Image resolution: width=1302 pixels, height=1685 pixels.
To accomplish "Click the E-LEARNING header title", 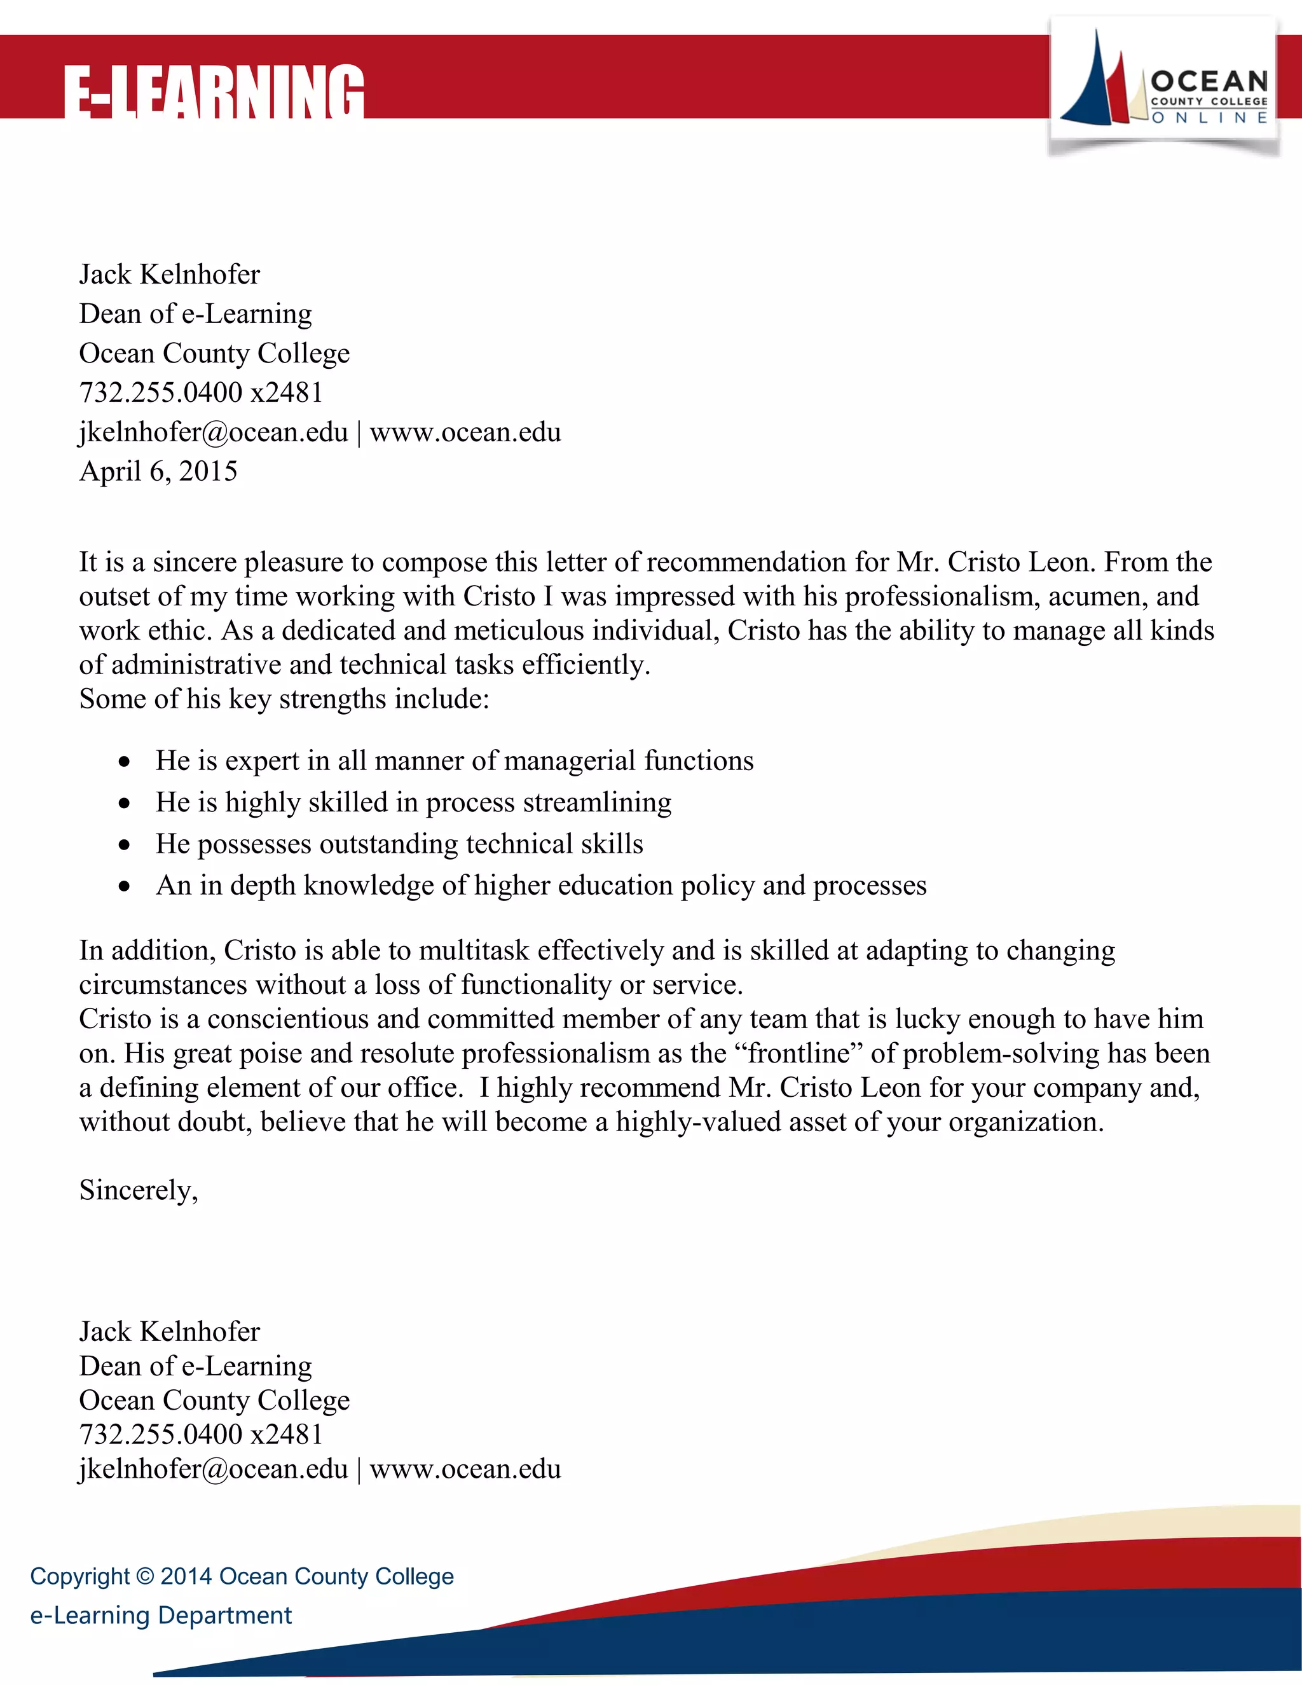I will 213,93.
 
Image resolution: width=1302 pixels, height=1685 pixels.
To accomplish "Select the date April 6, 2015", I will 158,471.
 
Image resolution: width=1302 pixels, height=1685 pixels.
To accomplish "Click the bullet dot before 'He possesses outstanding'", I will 124,846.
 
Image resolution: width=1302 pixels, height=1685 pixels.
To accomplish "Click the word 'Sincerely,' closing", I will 139,1190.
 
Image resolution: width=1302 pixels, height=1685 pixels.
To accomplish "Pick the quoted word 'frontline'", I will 799,1054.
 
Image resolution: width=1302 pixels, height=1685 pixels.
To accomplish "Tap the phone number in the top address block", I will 200,393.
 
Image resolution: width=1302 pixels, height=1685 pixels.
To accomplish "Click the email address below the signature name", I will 214,1469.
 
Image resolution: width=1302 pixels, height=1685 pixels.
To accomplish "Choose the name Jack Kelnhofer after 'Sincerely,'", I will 170,1331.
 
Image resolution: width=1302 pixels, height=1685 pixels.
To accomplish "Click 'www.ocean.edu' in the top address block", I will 465,432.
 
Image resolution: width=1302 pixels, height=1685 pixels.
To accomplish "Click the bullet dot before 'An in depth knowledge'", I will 124,887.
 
